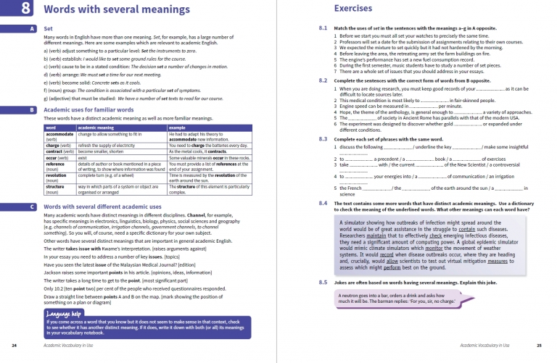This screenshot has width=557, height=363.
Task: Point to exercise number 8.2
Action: [323, 80]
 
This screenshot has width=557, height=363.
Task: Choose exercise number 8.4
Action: [323, 204]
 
